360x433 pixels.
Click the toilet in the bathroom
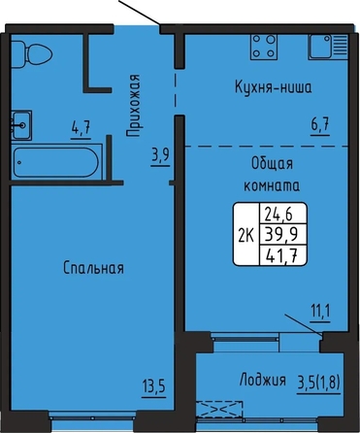(32, 54)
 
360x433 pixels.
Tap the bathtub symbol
(56, 162)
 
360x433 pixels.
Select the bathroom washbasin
(21, 125)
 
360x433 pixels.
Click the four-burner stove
(265, 47)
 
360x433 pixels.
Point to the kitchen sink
(328, 47)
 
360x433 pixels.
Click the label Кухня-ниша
(274, 87)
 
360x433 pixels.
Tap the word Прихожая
(133, 106)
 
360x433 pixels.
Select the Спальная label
(93, 268)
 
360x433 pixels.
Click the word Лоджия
(263, 380)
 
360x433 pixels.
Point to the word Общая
(272, 164)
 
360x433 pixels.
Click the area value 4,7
(81, 127)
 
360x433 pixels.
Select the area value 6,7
(320, 124)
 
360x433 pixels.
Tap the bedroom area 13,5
(154, 386)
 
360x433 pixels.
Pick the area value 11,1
(321, 312)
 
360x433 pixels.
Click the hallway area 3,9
(160, 156)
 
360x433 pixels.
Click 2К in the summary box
(246, 236)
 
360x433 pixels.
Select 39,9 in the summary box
(281, 234)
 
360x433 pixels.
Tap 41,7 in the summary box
(281, 256)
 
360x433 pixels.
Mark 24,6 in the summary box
(278, 214)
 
